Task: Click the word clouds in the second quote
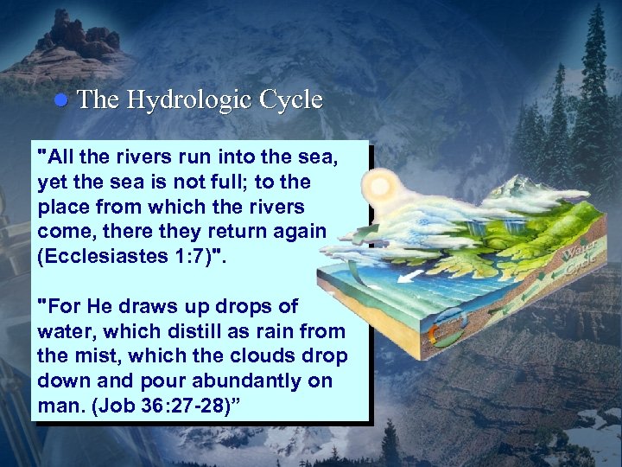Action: tap(281, 355)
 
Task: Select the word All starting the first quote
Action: tap(64, 158)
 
